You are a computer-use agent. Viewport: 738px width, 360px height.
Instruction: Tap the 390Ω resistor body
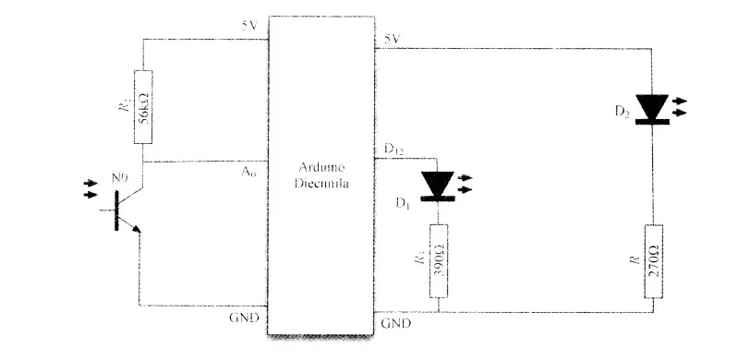(x=440, y=259)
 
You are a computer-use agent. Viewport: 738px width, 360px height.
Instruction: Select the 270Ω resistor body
(x=654, y=261)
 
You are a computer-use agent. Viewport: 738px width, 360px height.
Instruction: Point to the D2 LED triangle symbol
(x=654, y=107)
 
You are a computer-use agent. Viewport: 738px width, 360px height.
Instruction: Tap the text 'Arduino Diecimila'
(x=320, y=175)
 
